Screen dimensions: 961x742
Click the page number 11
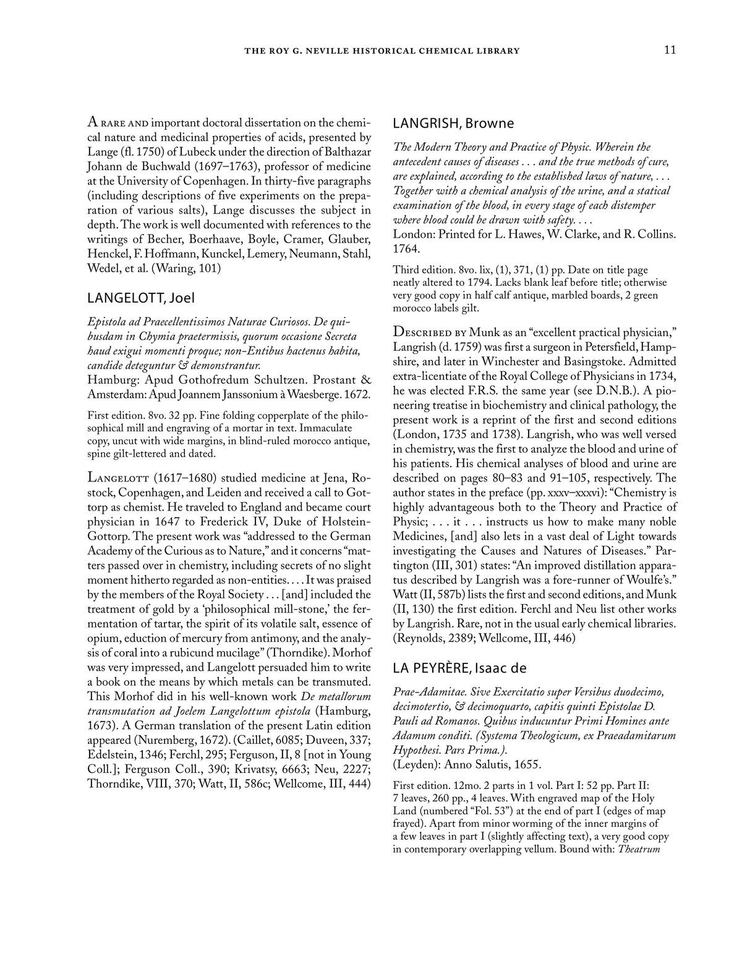click(x=670, y=50)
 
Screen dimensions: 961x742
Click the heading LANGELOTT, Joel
click(x=140, y=298)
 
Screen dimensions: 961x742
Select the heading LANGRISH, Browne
click(x=453, y=123)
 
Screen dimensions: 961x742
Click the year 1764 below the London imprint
click(x=406, y=249)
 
